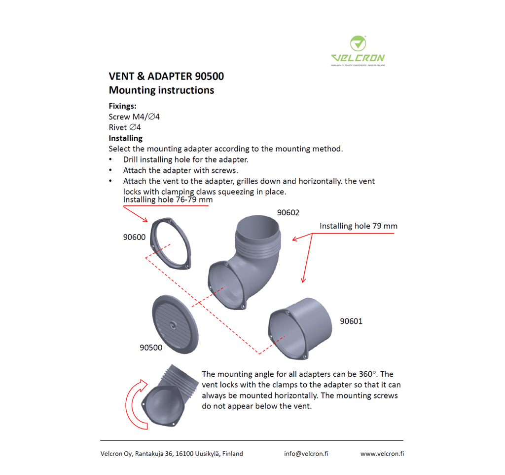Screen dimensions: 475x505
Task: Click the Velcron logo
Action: (358, 50)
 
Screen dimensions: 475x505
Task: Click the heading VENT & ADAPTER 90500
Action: (166, 77)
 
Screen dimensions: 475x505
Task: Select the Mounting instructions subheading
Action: (161, 90)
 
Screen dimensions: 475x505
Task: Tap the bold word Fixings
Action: (122, 106)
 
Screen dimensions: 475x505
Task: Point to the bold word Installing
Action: (125, 138)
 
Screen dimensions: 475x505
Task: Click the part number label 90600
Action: (134, 237)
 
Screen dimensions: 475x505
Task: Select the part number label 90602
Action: (288, 213)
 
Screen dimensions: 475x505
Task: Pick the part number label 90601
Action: (351, 321)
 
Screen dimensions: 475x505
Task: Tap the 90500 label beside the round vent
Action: (151, 348)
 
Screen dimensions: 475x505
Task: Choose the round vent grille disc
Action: (175, 324)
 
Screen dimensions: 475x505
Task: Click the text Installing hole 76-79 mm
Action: (168, 200)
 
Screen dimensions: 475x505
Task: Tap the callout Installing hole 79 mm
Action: (358, 226)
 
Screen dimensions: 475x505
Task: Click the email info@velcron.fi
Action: (306, 454)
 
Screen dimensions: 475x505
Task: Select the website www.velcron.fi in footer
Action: (382, 454)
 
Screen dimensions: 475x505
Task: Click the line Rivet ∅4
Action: (125, 127)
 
